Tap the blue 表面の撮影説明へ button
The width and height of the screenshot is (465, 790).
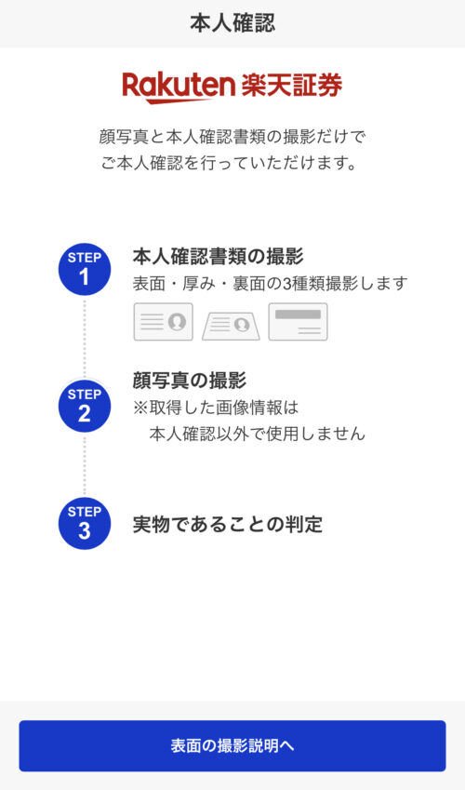coord(232,745)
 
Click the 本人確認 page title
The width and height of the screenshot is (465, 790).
coord(232,23)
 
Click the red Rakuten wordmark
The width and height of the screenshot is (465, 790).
coord(179,87)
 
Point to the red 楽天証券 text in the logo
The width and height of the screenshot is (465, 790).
coord(292,86)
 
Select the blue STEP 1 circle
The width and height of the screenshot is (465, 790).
coord(85,269)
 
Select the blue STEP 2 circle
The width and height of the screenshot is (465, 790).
coord(85,406)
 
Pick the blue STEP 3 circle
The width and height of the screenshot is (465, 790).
coord(85,523)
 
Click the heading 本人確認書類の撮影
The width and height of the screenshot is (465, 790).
coord(219,257)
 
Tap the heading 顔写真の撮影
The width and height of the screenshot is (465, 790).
coord(190,381)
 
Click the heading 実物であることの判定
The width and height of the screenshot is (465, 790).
coord(228,525)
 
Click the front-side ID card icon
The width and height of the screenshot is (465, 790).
coord(164,321)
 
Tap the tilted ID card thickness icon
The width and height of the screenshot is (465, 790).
coord(232,326)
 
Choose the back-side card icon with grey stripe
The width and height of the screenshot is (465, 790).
coord(298,321)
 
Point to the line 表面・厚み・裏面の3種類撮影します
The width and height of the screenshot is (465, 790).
coord(270,284)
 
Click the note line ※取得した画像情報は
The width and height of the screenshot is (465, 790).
coord(216,408)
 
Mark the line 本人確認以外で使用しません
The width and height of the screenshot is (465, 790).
coord(257,434)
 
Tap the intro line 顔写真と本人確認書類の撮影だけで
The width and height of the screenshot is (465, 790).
coord(232,137)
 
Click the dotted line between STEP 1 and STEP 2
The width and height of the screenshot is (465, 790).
coord(85,338)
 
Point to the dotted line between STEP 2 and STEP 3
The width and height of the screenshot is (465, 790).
coord(85,464)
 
